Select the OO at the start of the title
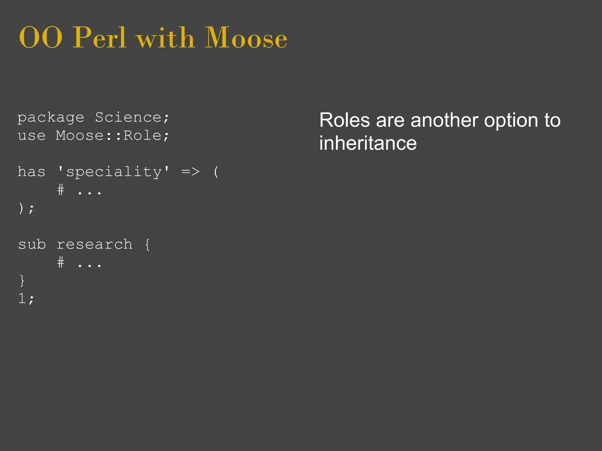click(41, 38)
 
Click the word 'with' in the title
click(165, 38)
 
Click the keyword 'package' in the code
click(51, 118)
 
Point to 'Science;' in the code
click(132, 117)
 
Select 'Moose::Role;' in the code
click(113, 136)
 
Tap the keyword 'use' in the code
click(32, 136)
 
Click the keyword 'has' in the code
click(32, 172)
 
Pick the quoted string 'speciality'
click(114, 172)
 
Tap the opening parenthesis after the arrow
click(216, 172)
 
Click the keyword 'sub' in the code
click(32, 244)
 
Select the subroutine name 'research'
click(94, 245)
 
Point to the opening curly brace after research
click(147, 244)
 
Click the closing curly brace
click(22, 281)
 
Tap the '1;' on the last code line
click(26, 299)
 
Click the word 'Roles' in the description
click(345, 120)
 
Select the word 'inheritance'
click(368, 143)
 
